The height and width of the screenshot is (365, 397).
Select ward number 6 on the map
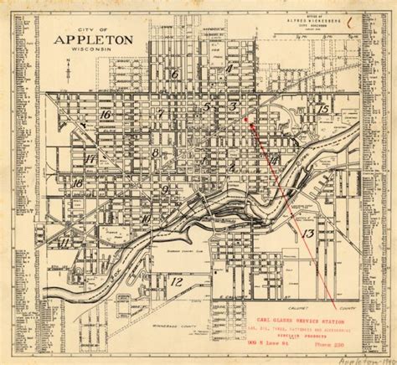coord(174,75)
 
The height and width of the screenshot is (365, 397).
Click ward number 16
coord(106,115)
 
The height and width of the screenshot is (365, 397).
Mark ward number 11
coord(64,243)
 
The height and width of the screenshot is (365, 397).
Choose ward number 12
coord(176,282)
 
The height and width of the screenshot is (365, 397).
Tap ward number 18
coord(77,183)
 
